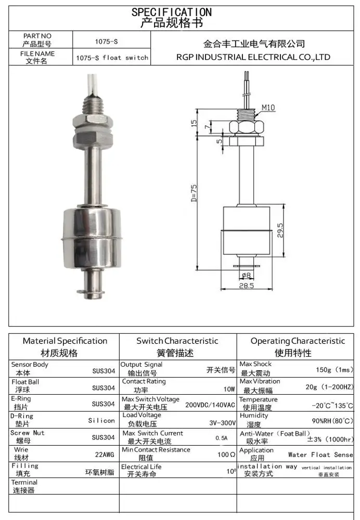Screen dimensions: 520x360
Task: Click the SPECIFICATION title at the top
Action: (171, 11)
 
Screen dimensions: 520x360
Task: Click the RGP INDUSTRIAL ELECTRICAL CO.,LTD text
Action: (253, 57)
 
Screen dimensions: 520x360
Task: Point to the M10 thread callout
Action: (268, 108)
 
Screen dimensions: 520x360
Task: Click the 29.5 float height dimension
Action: (280, 229)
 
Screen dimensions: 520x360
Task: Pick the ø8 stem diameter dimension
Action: (246, 275)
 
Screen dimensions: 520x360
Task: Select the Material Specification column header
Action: (65, 341)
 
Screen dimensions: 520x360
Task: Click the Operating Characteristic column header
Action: (297, 341)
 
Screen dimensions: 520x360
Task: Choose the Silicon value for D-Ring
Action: (101, 420)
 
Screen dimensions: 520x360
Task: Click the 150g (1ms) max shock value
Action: (335, 370)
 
